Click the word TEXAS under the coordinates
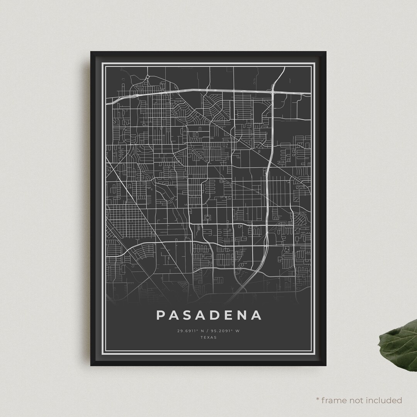pos(209,337)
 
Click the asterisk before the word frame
pos(318,400)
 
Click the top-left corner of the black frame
pos(91,52)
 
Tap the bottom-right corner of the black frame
pos(326,365)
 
